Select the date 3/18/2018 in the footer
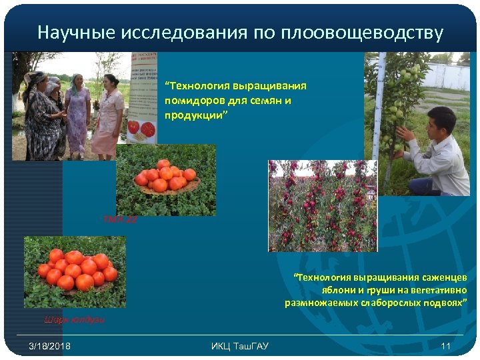coord(50,345)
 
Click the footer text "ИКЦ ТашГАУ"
coord(240,345)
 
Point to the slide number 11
coord(446,345)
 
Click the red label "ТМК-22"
coord(120,219)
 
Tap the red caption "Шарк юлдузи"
coord(73,320)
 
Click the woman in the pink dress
coord(107,113)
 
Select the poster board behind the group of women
coord(143,97)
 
